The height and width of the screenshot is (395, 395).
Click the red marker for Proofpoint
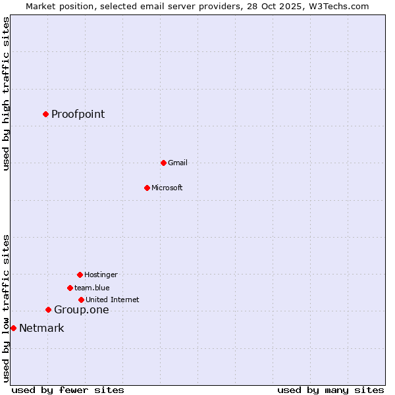45,114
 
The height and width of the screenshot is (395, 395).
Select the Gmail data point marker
163,163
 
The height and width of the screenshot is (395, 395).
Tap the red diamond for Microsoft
147,188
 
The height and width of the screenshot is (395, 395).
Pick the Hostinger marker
80,275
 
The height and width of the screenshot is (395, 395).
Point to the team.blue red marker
70,288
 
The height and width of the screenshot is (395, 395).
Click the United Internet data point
81,300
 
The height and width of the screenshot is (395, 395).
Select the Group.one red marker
48,309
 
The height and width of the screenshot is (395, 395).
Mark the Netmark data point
13,328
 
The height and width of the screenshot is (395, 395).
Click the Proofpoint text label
78,114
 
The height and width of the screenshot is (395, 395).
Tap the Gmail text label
178,163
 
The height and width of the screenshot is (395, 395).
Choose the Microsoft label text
167,188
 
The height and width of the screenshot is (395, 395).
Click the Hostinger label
101,275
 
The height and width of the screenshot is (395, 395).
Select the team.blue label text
92,288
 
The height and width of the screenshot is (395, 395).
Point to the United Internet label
113,300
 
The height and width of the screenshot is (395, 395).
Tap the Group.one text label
81,309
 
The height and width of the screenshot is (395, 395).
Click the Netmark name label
41,328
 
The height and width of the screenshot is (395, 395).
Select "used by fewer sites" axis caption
68,390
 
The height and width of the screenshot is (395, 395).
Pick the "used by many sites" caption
330,390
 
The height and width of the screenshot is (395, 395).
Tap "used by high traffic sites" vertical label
6,93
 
